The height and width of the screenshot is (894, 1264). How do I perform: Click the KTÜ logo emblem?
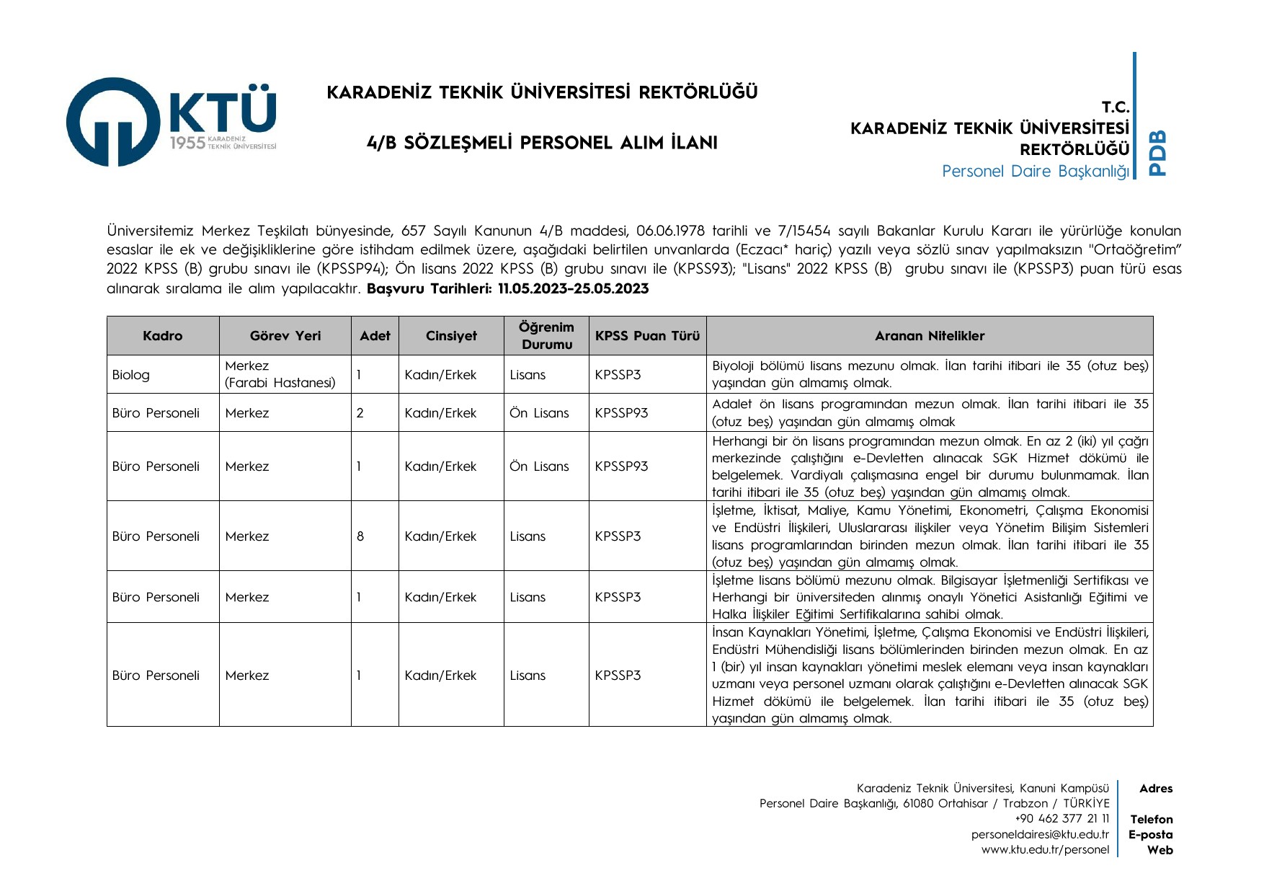(x=112, y=122)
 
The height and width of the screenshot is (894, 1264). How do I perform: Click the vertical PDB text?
(x=1157, y=153)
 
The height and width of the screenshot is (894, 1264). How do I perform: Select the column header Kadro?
(x=163, y=336)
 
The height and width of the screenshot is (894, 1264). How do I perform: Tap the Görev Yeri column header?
(x=285, y=336)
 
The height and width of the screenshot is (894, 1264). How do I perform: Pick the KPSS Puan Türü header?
(x=647, y=336)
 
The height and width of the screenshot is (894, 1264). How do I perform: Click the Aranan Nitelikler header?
(x=929, y=336)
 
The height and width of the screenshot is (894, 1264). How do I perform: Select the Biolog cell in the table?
(x=131, y=375)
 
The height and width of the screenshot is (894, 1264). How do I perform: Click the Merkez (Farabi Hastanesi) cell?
(x=280, y=375)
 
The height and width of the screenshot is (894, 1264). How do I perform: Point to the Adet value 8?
(x=360, y=536)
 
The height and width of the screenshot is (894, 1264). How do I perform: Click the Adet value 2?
(x=360, y=413)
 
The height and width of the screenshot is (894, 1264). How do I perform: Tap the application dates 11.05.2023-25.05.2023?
(x=574, y=289)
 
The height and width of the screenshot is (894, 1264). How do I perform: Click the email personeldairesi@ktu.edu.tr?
(x=1040, y=835)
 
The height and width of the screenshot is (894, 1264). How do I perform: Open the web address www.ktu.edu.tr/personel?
(x=1045, y=850)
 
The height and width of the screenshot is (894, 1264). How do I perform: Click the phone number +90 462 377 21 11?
(x=1062, y=819)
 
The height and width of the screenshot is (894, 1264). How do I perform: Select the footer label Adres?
(x=1156, y=789)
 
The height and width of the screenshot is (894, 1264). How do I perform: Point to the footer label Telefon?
(x=1152, y=820)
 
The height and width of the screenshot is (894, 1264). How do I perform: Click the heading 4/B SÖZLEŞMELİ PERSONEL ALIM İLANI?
(x=542, y=143)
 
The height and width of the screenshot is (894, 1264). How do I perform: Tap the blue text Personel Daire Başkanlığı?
(x=1036, y=172)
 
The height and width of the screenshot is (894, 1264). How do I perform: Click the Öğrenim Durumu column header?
(x=546, y=336)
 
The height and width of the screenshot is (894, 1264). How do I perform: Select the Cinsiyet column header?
(x=451, y=336)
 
